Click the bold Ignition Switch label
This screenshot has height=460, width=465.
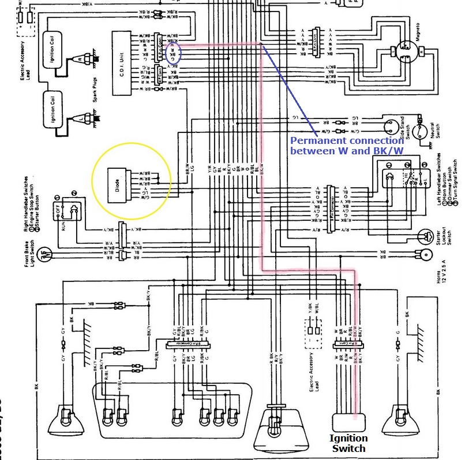pos(348,443)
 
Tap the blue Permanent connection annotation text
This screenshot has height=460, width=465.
pos(346,146)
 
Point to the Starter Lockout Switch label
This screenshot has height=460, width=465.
pos(440,235)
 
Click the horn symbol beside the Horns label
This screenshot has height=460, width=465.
pos(426,254)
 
